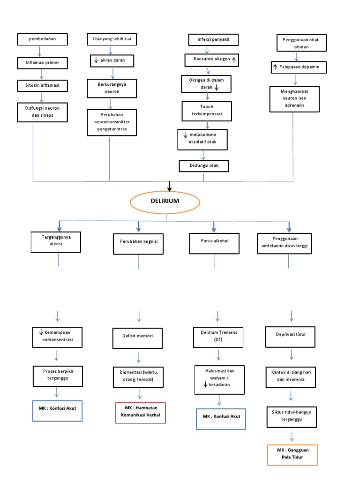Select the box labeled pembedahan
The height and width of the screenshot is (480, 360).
pyautogui.click(x=42, y=39)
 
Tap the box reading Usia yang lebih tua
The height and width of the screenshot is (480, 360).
pyautogui.click(x=112, y=39)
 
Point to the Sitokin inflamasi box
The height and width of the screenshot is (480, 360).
pyautogui.click(x=42, y=86)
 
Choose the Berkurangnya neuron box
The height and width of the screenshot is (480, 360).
pyautogui.click(x=112, y=87)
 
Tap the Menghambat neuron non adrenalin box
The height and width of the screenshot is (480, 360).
pyautogui.click(x=293, y=99)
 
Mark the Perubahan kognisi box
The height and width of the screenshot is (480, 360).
pyautogui.click(x=138, y=242)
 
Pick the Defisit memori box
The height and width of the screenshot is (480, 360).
pyautogui.click(x=138, y=336)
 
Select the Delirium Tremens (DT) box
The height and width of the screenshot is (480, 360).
pyautogui.click(x=216, y=335)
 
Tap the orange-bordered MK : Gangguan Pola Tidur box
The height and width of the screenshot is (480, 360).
pyautogui.click(x=292, y=455)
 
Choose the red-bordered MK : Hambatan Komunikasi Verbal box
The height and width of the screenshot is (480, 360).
pyautogui.click(x=141, y=412)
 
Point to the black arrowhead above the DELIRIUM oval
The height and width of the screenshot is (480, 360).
pyautogui.click(x=170, y=188)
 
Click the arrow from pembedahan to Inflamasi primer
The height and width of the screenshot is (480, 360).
pyautogui.click(x=43, y=51)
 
